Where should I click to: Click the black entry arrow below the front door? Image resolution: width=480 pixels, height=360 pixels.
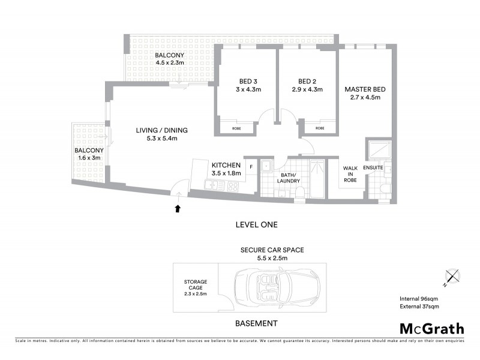[178, 208]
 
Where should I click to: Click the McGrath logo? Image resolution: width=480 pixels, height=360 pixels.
[432, 328]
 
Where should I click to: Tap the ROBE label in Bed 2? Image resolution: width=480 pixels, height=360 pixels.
[320, 128]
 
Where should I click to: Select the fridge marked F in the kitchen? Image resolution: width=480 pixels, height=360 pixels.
[251, 166]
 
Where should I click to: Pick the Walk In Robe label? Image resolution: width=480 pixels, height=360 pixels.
[350, 173]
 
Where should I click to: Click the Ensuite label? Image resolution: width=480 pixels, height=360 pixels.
[373, 167]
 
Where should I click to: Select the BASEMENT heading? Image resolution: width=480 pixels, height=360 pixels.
[256, 323]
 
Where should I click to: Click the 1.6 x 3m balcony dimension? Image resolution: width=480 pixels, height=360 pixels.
[89, 158]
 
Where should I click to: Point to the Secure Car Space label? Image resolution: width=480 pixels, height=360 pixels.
[265, 250]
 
